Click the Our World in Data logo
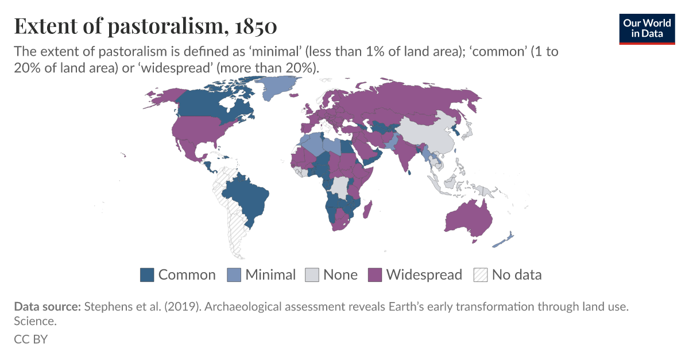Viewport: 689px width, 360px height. [647, 29]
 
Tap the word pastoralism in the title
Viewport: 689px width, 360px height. [151, 26]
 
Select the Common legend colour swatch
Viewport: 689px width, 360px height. [147, 275]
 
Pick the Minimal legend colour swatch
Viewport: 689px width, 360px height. [234, 275]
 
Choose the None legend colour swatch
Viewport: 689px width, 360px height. [312, 275]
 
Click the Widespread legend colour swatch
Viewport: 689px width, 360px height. [375, 275]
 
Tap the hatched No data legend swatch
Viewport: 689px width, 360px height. [481, 275]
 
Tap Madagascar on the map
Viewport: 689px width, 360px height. [367, 209]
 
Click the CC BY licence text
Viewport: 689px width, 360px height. [30, 339]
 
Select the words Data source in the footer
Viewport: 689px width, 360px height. [48, 307]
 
